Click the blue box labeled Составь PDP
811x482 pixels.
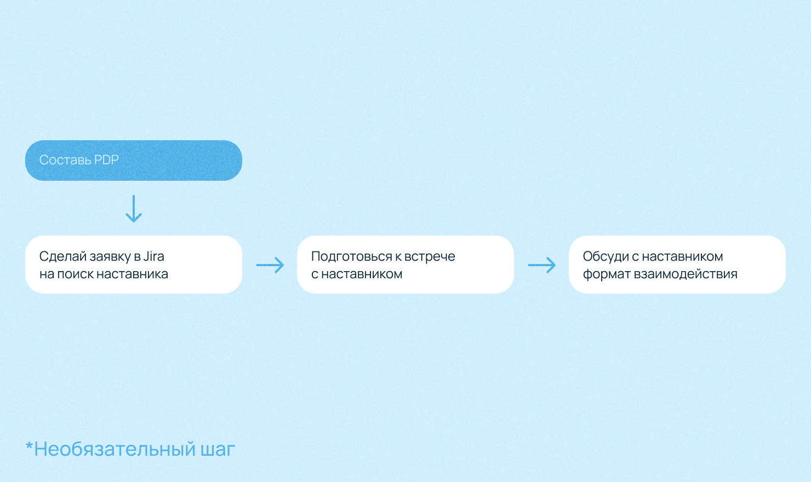tap(134, 160)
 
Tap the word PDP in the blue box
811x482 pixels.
tap(106, 160)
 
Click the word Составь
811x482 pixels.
tap(65, 160)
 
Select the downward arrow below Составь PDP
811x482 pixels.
tap(134, 209)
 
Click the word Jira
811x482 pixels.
tap(154, 256)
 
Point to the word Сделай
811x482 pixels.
tap(63, 256)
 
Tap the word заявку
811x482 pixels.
tap(110, 257)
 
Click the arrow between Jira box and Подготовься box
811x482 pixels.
tap(270, 265)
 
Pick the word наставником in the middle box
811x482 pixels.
tap(362, 274)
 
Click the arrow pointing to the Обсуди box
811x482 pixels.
tap(542, 265)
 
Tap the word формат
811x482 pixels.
tap(607, 274)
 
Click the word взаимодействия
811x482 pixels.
tap(686, 274)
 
